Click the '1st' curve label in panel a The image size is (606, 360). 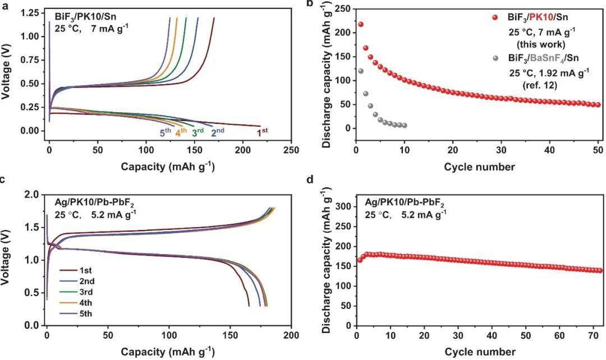click(262, 133)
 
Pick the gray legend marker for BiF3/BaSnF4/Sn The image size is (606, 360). click(495, 58)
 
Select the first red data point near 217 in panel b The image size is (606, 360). click(361, 25)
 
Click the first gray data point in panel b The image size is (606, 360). click(361, 71)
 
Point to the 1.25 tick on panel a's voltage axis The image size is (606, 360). click(31, 13)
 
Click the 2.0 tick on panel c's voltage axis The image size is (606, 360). click(33, 195)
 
